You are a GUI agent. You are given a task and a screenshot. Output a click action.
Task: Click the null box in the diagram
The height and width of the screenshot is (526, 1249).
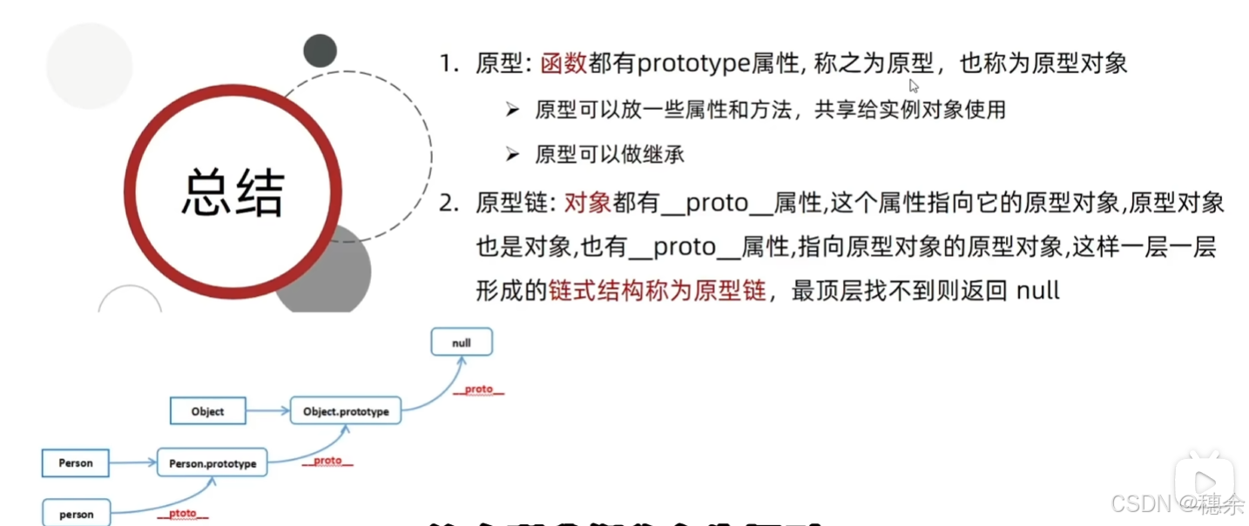tap(462, 342)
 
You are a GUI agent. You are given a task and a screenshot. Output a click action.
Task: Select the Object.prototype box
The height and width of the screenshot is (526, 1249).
tap(346, 410)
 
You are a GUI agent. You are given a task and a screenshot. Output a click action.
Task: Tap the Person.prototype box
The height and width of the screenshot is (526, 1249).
tap(213, 463)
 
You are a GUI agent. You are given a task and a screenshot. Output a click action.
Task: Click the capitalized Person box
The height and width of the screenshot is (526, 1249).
tap(76, 462)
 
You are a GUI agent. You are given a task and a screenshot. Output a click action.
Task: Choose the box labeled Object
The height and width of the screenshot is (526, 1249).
tap(207, 411)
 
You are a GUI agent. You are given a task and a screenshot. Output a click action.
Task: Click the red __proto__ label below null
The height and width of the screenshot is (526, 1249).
tap(478, 389)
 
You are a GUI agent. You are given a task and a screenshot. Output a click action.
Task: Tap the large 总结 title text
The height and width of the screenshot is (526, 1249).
tap(233, 192)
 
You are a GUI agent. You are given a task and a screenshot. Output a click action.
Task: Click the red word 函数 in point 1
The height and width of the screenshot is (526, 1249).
tap(564, 64)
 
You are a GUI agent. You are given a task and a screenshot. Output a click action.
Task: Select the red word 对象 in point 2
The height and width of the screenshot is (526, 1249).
tap(588, 204)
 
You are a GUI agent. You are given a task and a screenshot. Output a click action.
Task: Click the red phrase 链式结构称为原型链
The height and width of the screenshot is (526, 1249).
tap(657, 291)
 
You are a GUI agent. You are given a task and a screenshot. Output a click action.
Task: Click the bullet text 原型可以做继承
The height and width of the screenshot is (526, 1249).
tap(610, 155)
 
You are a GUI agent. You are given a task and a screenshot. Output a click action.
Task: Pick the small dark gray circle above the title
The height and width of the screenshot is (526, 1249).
tap(320, 51)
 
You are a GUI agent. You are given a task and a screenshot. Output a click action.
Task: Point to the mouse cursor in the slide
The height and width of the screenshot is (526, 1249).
tap(914, 85)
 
